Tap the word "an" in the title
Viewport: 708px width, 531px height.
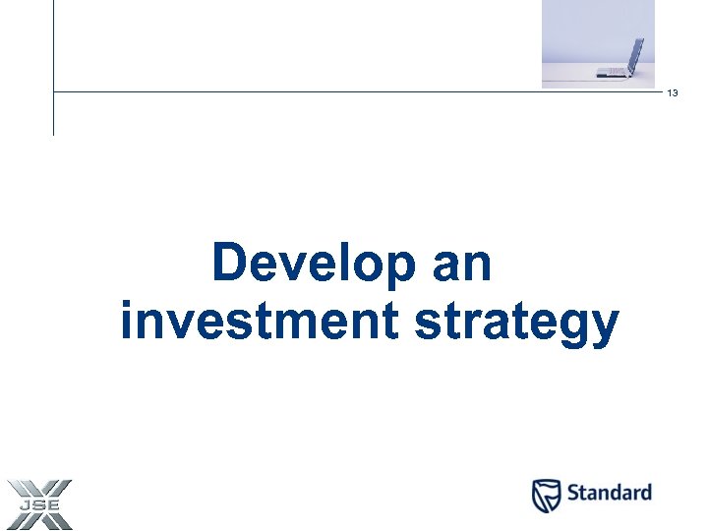[460, 264]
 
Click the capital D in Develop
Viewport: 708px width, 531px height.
[230, 264]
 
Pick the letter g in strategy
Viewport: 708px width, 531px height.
[574, 326]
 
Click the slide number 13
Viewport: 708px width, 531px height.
[673, 93]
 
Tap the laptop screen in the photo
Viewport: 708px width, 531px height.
[635, 55]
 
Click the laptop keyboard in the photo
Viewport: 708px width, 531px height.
[615, 72]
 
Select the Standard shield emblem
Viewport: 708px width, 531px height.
[546, 495]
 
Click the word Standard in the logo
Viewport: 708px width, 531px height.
[608, 493]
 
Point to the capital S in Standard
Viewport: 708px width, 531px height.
[573, 493]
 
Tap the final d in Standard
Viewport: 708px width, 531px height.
[644, 493]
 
